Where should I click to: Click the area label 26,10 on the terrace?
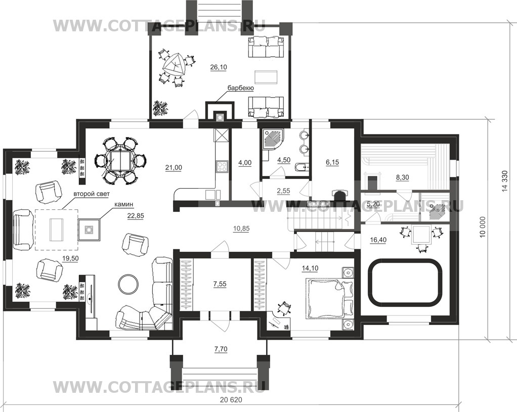pos(218,67)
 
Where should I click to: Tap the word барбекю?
pos(240,88)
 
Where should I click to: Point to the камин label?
pos(123,204)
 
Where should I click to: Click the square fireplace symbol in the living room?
pos(89,230)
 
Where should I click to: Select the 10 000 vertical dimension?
pos(483,227)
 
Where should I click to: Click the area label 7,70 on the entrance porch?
pos(221,349)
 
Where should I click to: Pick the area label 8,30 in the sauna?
pos(402,177)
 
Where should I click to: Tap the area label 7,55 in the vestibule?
pos(220,284)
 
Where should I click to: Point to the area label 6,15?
pos(332,162)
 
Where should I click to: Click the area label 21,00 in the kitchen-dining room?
pos(174,167)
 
